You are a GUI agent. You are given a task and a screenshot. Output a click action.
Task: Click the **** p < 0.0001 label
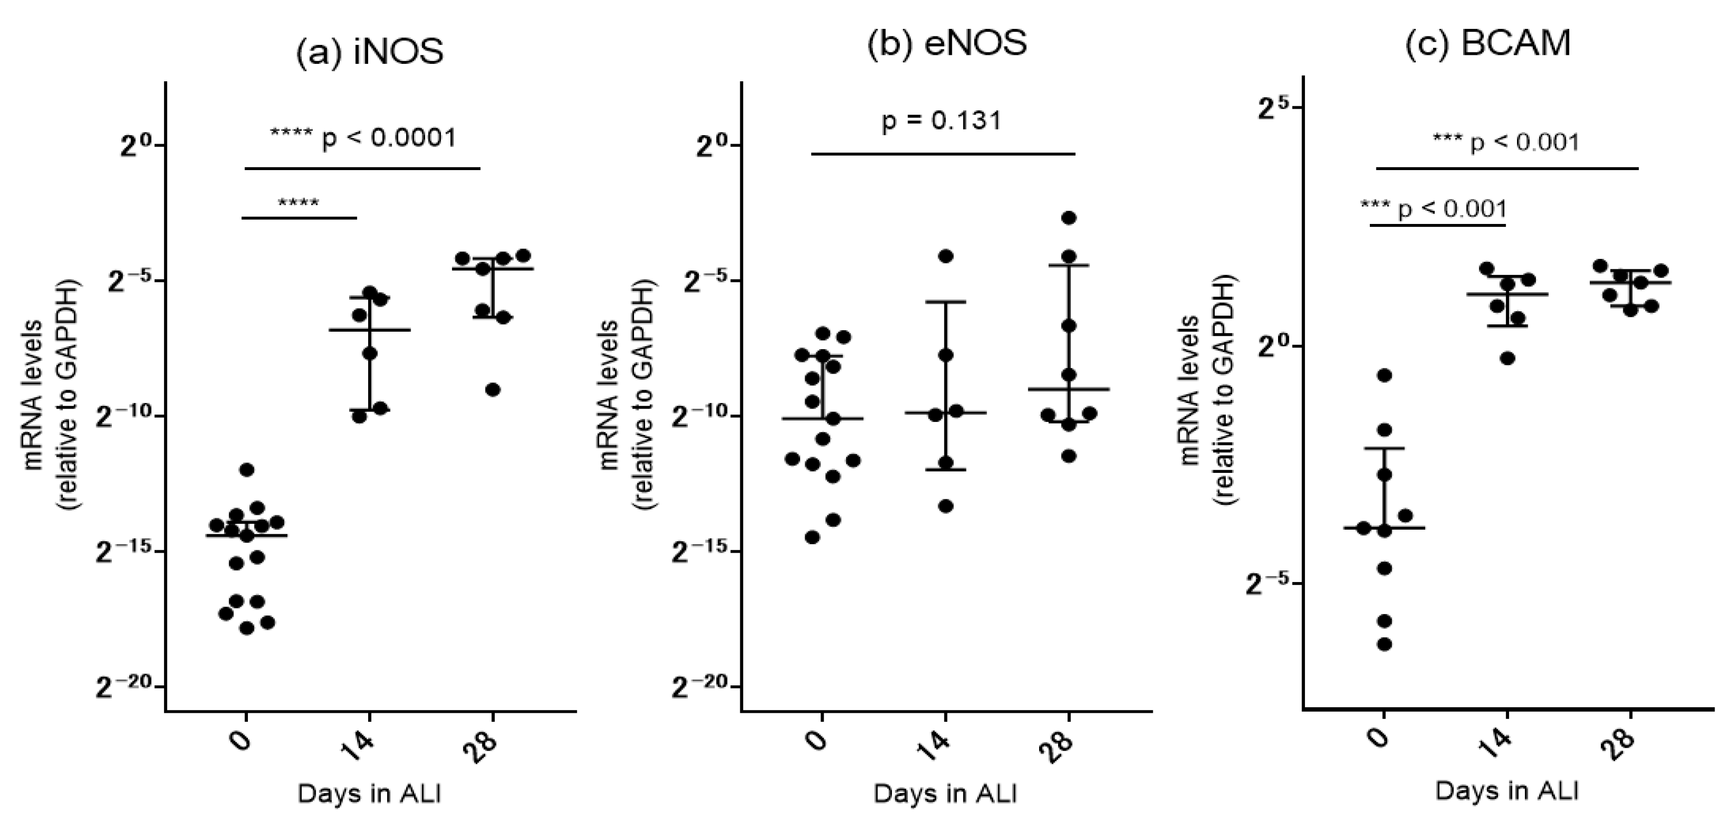tap(363, 138)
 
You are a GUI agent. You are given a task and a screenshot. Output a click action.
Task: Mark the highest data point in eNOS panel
tap(1069, 217)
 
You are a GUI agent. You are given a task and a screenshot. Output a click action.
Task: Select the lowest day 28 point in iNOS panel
tap(492, 390)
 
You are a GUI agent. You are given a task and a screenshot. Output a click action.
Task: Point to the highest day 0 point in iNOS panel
tap(246, 469)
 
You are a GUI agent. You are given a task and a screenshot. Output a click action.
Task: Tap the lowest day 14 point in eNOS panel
tap(945, 506)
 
